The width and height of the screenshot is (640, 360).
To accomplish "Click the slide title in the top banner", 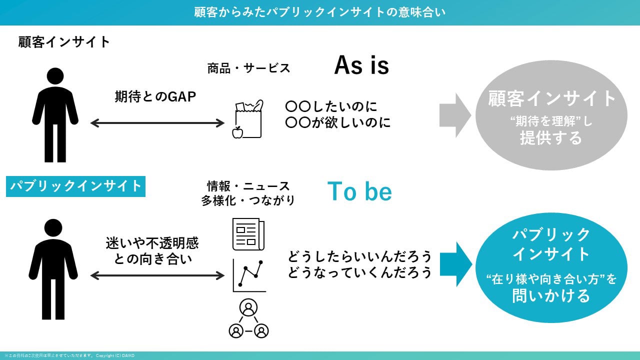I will (x=320, y=12).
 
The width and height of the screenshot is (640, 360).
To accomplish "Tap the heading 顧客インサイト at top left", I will (x=64, y=42).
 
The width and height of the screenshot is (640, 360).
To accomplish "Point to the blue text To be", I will (x=359, y=191).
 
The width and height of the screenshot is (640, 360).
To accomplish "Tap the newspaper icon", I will (x=248, y=233).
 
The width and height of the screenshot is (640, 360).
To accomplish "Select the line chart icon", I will (x=249, y=275).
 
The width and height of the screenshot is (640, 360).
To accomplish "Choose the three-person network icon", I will (x=248, y=318).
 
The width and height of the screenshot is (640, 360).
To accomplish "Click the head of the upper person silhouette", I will (x=55, y=76).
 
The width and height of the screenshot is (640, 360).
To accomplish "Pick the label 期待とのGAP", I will (x=155, y=96).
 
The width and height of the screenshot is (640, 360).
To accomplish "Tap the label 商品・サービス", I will (x=248, y=68).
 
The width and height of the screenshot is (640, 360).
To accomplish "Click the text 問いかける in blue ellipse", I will (x=551, y=295).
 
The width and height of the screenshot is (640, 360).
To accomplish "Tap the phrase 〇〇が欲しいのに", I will (x=337, y=122).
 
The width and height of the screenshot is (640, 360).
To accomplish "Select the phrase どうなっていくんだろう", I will (x=359, y=273).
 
